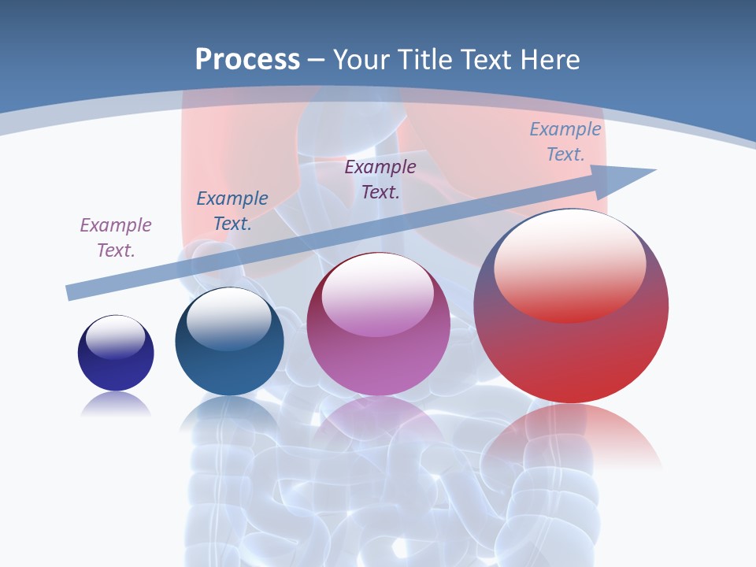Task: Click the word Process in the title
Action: [x=247, y=60]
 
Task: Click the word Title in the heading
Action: [x=423, y=60]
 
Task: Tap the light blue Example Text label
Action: [x=565, y=142]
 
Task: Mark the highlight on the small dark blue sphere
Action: [x=115, y=337]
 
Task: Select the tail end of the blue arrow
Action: [x=72, y=292]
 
